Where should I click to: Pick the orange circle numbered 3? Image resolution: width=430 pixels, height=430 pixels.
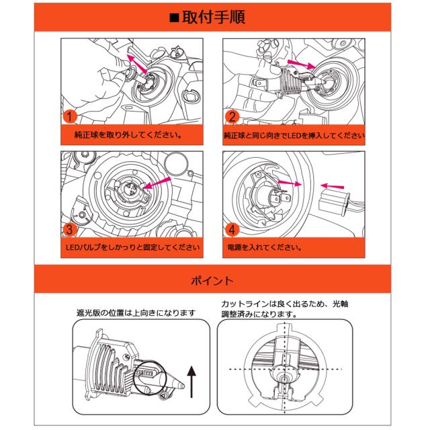[x=70, y=230]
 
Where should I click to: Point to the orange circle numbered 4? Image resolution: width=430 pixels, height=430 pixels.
[x=232, y=230]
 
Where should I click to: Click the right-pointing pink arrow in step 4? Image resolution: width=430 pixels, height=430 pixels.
[x=290, y=182]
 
